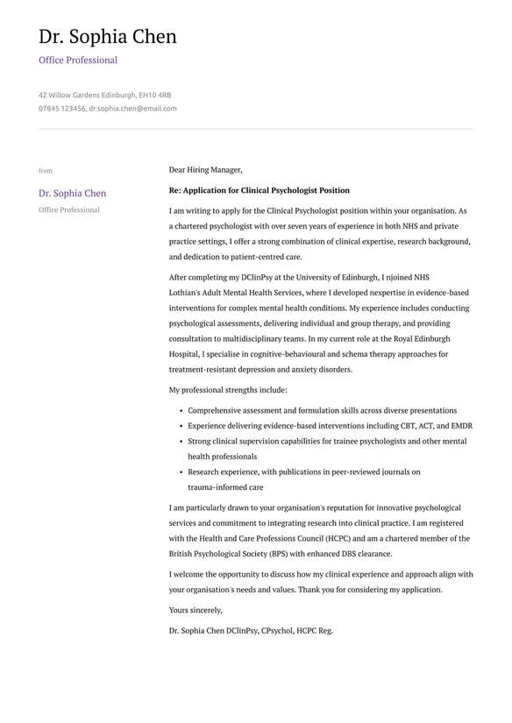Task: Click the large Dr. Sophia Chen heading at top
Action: (x=107, y=37)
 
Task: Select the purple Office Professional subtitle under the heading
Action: (x=77, y=60)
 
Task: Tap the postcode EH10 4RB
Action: (x=155, y=95)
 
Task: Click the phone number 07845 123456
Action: (x=61, y=109)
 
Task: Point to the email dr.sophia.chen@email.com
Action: (x=132, y=109)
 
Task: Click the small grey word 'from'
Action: (x=46, y=171)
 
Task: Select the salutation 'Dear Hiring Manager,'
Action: (x=205, y=170)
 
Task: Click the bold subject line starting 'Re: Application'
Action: (x=259, y=190)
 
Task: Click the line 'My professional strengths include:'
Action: (x=228, y=390)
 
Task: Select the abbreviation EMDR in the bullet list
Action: (x=461, y=426)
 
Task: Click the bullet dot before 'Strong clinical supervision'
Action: (x=180, y=442)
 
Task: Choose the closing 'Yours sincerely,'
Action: (x=196, y=610)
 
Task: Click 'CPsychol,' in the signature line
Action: (x=278, y=630)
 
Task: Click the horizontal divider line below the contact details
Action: (x=256, y=130)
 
